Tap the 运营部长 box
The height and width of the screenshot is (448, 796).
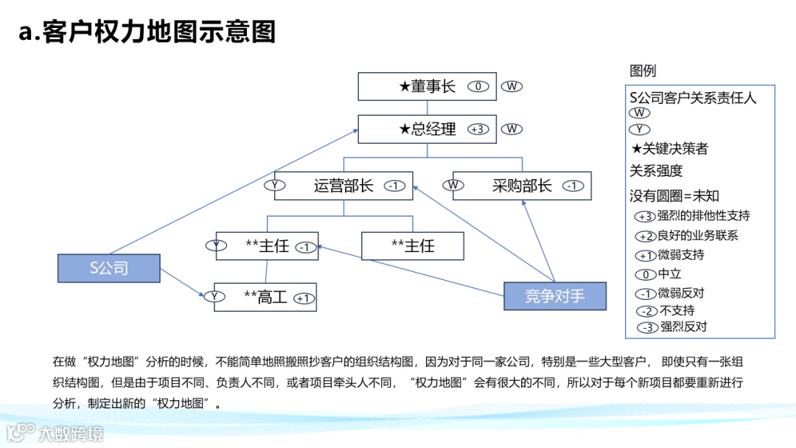(343, 186)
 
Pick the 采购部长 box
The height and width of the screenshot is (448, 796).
(522, 186)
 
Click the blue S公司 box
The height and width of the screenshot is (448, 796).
(109, 268)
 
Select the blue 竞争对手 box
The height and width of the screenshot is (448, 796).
(555, 296)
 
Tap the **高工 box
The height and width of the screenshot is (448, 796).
(265, 297)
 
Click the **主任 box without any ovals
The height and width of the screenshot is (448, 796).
(413, 246)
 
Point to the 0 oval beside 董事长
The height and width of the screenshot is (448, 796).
(478, 86)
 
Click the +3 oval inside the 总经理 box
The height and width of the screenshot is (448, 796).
(478, 129)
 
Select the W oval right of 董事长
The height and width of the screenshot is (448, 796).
(512, 86)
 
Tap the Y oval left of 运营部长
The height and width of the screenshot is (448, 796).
(275, 186)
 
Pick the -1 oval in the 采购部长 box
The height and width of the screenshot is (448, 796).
(573, 186)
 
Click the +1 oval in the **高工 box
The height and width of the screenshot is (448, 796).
(303, 298)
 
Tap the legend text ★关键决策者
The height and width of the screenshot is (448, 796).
(670, 149)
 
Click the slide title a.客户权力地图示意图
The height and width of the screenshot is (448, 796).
(147, 32)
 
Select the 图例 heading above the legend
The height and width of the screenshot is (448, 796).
(643, 71)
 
